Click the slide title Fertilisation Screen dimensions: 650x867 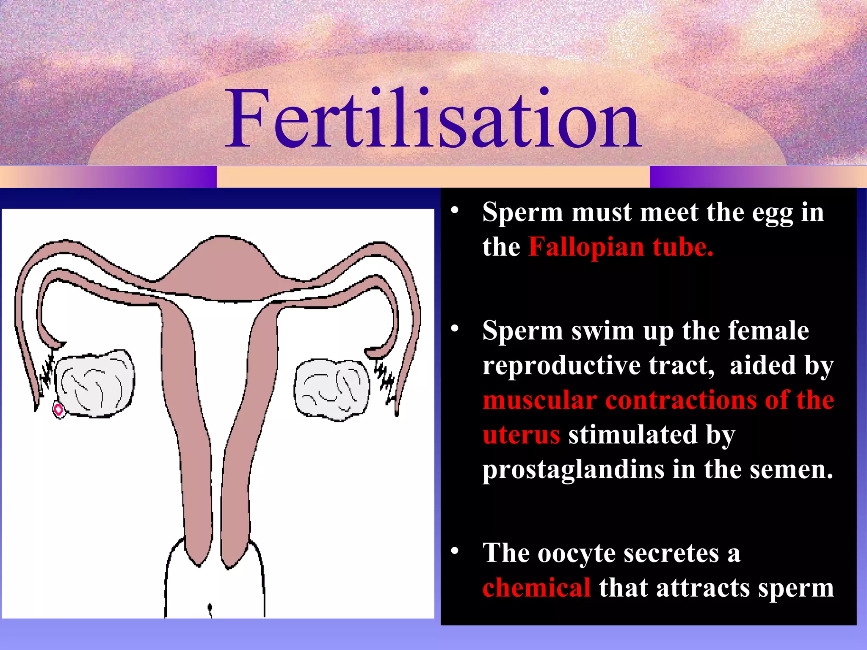click(433, 120)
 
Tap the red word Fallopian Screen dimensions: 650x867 click(586, 247)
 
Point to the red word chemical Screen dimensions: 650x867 click(536, 588)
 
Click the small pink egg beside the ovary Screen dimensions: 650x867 click(58, 409)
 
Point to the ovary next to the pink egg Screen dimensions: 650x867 click(95, 383)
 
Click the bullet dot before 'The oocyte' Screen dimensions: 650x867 click(455, 551)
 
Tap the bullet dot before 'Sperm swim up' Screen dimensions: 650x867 click(455, 328)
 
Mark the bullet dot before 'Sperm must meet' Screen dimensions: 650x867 click(455, 209)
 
